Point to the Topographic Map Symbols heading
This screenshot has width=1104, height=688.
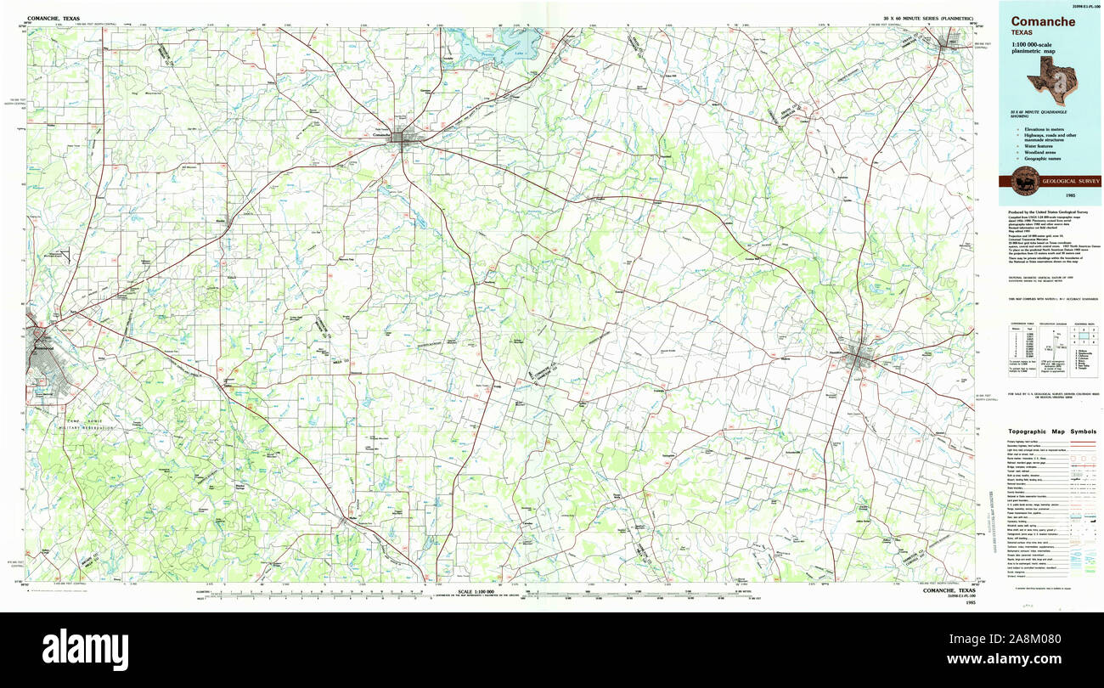[x=1051, y=431]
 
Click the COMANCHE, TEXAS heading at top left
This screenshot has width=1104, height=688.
[x=53, y=18]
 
